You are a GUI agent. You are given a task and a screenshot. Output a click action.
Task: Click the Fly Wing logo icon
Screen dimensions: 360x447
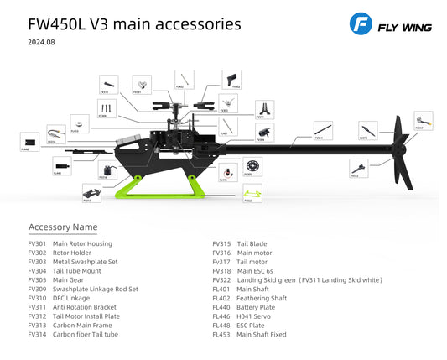tap(361, 26)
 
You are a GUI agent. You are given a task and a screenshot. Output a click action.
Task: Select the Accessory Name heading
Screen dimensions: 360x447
tap(63, 227)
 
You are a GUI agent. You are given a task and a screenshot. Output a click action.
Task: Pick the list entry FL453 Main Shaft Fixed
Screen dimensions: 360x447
tap(261, 334)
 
